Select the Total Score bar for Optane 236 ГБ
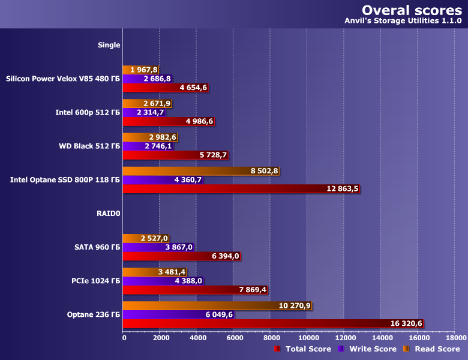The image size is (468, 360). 273,323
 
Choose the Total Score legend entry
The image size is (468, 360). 304,349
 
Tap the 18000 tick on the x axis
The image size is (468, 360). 454,338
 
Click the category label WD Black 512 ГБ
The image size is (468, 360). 89,146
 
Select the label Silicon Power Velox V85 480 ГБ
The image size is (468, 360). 62,79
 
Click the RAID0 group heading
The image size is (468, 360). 108,213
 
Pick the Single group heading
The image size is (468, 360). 109,44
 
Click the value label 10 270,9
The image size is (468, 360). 295,306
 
